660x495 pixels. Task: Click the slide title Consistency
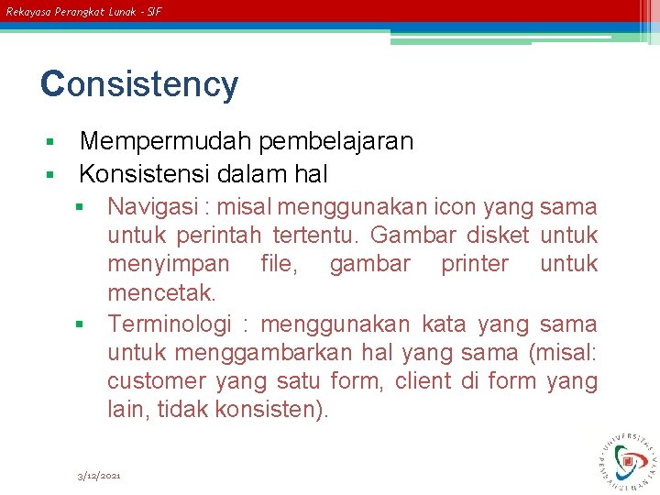pos(139,84)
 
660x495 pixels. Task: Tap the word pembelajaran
pos(335,141)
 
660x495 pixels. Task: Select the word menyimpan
pos(169,265)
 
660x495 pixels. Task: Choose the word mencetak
pos(161,293)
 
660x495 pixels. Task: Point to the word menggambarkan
pos(250,353)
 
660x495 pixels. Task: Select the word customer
pos(157,381)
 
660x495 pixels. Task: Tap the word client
pos(421,380)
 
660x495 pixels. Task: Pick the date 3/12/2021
pos(99,476)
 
